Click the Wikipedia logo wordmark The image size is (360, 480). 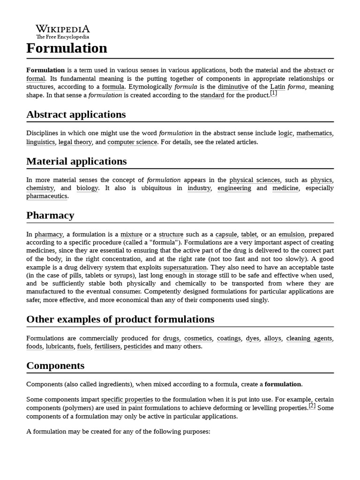(63, 29)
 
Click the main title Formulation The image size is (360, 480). (67, 48)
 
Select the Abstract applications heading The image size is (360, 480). (76, 115)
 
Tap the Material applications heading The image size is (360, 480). (76, 162)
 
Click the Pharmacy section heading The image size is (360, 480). (50, 216)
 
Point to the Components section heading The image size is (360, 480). (55, 366)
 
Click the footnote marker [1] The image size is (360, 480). (273, 93)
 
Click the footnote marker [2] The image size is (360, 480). (312, 406)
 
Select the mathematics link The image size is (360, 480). (314, 134)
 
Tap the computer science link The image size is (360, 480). (132, 142)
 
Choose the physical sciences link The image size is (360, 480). (255, 180)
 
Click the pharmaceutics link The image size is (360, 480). (47, 196)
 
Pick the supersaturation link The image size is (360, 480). (185, 268)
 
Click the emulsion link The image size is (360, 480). (291, 234)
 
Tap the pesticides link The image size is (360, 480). (138, 347)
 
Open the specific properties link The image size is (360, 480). (127, 400)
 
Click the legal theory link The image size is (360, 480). (75, 142)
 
